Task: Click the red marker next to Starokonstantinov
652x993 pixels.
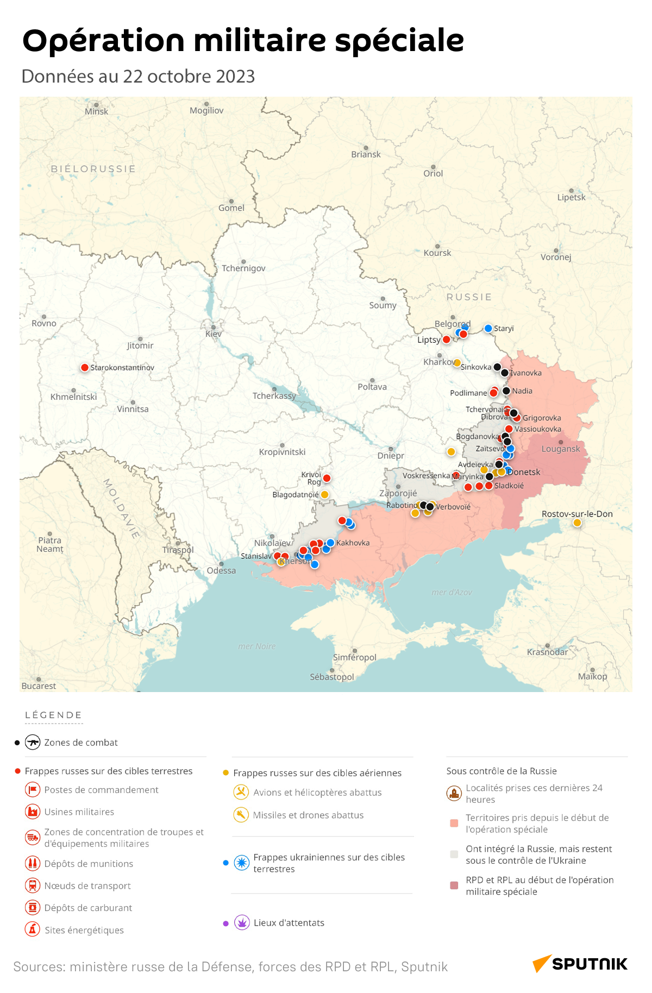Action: [x=85, y=368]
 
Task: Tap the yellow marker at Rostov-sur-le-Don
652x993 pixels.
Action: [x=577, y=523]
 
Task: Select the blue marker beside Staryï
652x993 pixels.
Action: [x=488, y=328]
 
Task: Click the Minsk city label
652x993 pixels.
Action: [x=96, y=111]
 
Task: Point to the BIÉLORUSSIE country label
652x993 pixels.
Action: [x=93, y=169]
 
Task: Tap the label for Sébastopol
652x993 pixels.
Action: [x=331, y=677]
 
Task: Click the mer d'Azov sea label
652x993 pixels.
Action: [x=452, y=593]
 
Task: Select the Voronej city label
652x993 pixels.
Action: [x=555, y=257]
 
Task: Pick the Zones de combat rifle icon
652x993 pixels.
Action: [x=33, y=742]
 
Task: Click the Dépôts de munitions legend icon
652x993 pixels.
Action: [x=33, y=863]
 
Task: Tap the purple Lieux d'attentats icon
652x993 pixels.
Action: [x=242, y=922]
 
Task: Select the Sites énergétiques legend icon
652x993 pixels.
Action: [x=33, y=929]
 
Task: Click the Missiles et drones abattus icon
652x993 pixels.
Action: [x=241, y=815]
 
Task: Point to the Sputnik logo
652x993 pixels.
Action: [x=580, y=964]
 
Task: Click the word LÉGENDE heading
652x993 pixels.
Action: [x=53, y=715]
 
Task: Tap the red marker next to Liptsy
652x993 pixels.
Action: [x=447, y=340]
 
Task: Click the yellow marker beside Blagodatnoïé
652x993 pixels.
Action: [x=324, y=494]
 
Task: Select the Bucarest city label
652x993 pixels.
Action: [x=39, y=686]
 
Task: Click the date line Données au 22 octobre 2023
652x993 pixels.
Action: [x=138, y=77]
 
